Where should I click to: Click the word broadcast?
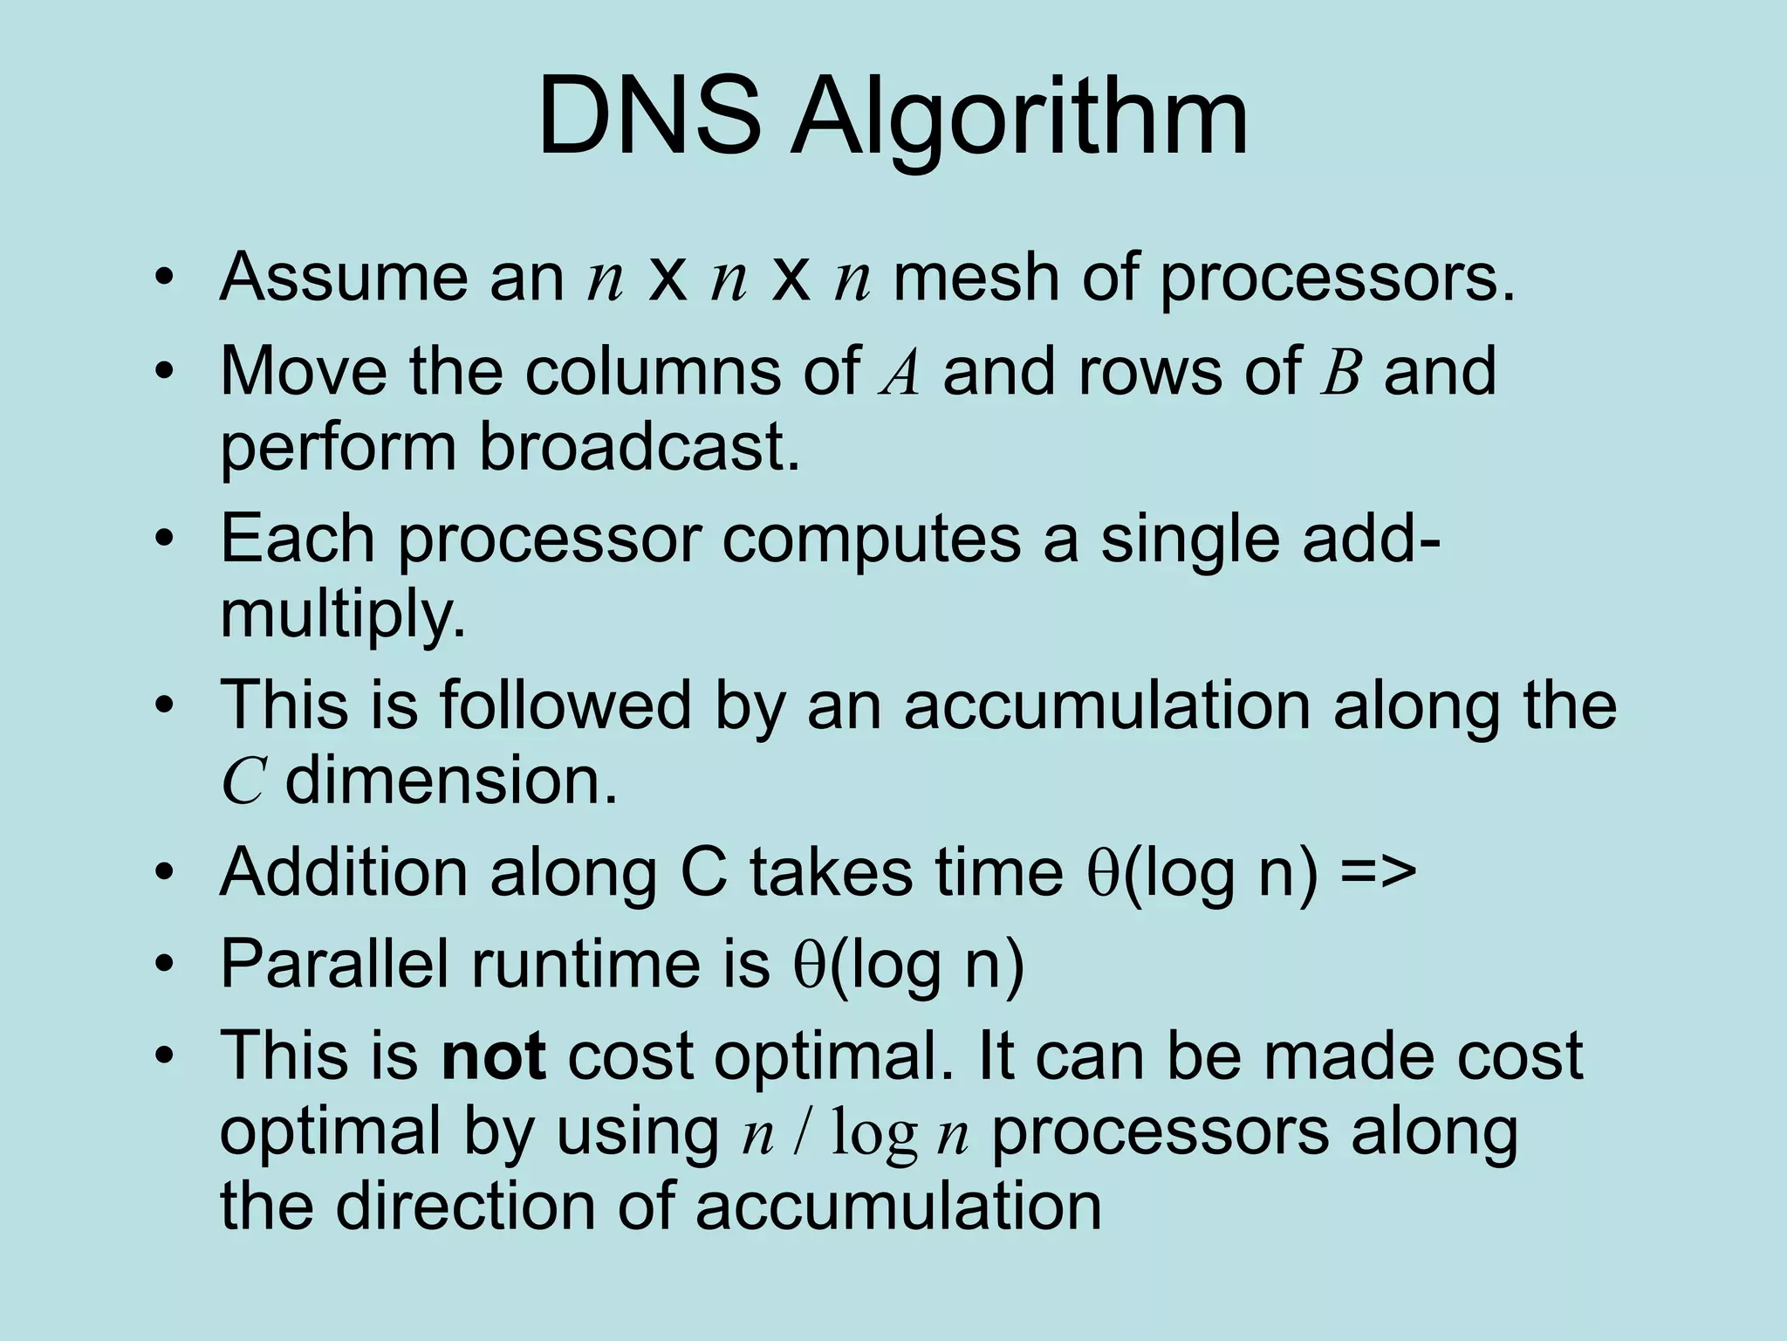pyautogui.click(x=639, y=446)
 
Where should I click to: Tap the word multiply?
pyautogui.click(x=342, y=616)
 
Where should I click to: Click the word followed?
pyautogui.click(x=565, y=705)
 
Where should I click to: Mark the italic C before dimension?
pyautogui.click(x=242, y=781)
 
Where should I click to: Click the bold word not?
pyautogui.click(x=494, y=1056)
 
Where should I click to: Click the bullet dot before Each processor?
pyautogui.click(x=163, y=540)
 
